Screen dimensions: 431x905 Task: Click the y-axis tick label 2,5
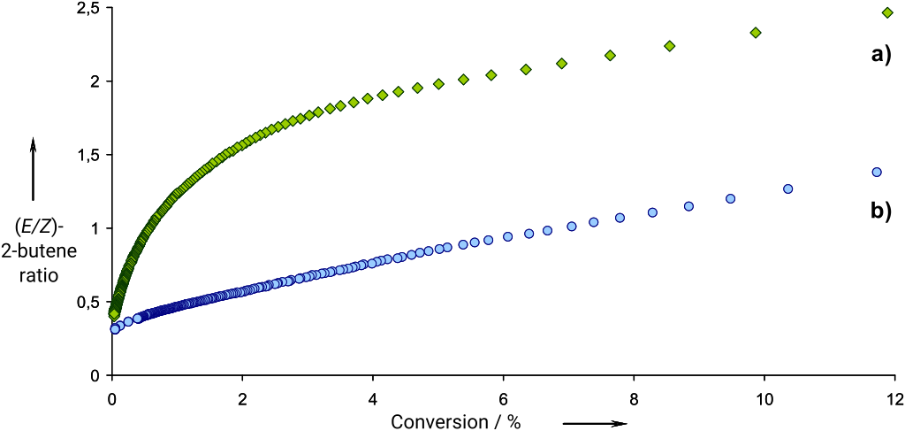pyautogui.click(x=87, y=9)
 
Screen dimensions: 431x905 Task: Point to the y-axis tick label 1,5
pyautogui.click(x=87, y=155)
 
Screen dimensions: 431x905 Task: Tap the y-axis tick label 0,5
pyautogui.click(x=87, y=303)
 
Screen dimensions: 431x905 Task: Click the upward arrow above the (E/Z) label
pyautogui.click(x=33, y=168)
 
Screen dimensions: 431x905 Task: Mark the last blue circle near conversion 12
pyautogui.click(x=877, y=173)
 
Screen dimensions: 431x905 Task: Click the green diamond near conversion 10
pyautogui.click(x=756, y=33)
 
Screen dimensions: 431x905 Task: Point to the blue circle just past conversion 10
pyautogui.click(x=787, y=189)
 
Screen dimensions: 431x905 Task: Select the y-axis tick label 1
pyautogui.click(x=95, y=228)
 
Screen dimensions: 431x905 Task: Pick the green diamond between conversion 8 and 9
pyautogui.click(x=670, y=46)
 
